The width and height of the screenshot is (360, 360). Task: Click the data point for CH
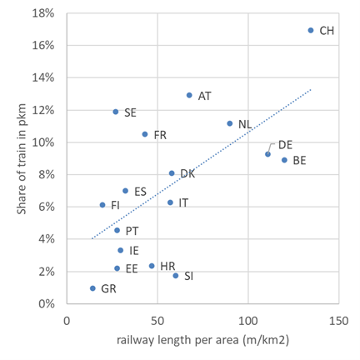311,30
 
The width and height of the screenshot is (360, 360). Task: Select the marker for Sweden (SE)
116,111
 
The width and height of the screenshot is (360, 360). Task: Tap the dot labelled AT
189,95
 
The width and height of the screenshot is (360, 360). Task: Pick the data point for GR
92,288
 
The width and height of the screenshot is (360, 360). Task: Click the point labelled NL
230,123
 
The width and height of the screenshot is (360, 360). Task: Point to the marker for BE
284,160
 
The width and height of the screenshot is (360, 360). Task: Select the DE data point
267,154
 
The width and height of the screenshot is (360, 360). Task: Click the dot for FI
102,205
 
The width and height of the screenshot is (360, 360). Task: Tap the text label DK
187,174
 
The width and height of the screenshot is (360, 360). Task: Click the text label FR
160,135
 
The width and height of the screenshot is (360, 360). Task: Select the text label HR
167,267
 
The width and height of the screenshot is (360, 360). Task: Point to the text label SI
188,276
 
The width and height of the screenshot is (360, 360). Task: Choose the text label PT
132,230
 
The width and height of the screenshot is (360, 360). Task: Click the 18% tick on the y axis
43,14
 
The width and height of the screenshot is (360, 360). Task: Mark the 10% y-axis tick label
43,142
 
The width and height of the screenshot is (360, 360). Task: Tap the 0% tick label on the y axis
47,304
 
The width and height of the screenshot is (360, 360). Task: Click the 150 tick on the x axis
338,320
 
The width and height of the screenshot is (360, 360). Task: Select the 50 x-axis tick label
157,320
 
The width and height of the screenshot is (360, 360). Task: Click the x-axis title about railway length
202,342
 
